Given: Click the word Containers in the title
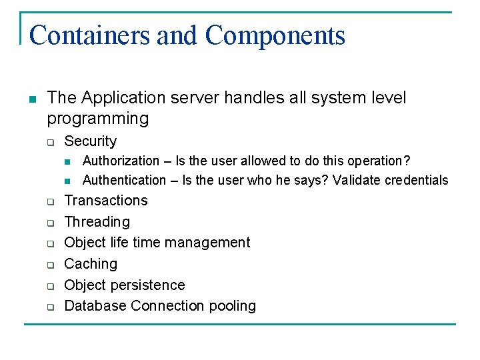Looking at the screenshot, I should (90, 35).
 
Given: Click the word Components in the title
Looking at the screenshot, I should (275, 35).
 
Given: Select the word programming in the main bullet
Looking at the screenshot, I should (97, 119).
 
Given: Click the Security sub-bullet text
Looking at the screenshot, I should (90, 141).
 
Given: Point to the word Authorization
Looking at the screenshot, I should (121, 161).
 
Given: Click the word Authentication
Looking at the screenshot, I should (124, 180).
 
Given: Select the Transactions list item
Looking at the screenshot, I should (106, 201).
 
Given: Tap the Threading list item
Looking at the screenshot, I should (97, 221).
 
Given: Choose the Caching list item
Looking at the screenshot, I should (91, 264).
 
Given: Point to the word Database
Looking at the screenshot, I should (95, 306).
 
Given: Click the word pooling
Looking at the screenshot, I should (234, 306).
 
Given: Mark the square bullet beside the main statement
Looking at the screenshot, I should (31, 99).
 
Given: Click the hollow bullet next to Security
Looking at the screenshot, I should (49, 142).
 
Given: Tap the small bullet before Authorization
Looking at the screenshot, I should (67, 161).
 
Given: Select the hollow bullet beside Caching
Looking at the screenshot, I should (49, 265).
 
